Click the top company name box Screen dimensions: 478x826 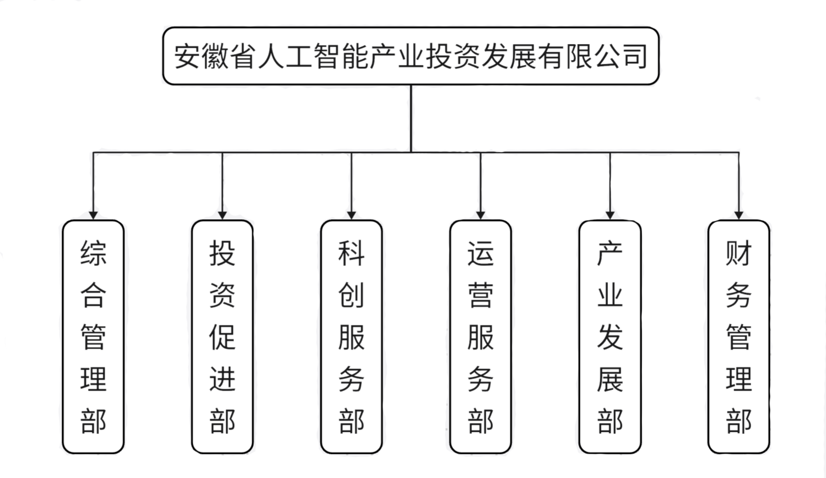(x=411, y=56)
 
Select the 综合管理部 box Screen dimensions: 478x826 (x=93, y=336)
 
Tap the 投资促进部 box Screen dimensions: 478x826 (x=222, y=336)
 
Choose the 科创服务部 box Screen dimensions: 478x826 (x=351, y=336)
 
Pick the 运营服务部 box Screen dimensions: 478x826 (x=481, y=336)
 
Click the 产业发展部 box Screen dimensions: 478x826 (x=610, y=336)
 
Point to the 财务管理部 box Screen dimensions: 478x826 (x=739, y=336)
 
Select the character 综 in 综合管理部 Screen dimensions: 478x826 (x=93, y=253)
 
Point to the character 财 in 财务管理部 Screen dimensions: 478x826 (x=739, y=253)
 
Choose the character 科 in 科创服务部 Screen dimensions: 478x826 (x=351, y=253)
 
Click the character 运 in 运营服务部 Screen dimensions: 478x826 (x=481, y=253)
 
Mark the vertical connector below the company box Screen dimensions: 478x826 (x=411, y=118)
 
